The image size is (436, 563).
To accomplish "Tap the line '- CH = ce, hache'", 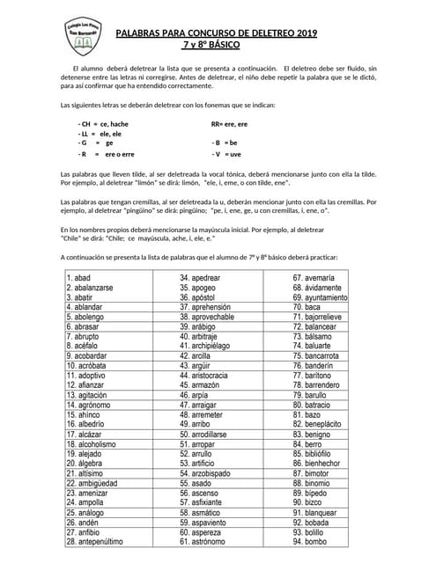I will [x=103, y=124].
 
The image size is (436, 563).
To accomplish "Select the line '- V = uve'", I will [x=226, y=153].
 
